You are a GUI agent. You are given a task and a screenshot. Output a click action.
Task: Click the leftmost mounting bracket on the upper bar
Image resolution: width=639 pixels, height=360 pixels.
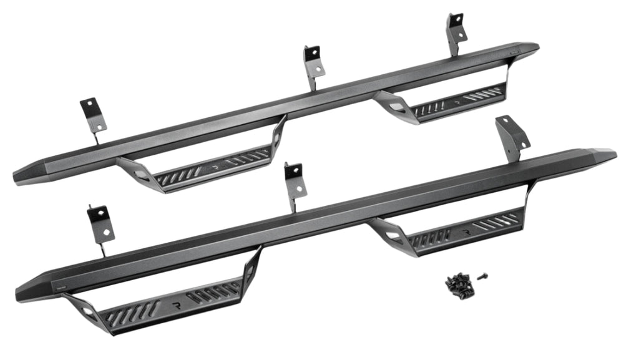93,115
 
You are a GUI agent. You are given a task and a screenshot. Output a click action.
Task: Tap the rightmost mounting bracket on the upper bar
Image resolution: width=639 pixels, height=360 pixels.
456,29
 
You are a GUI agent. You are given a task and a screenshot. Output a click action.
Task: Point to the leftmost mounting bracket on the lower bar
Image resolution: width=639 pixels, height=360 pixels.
100,225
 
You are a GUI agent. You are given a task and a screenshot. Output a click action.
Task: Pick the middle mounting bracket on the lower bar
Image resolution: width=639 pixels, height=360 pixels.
293,181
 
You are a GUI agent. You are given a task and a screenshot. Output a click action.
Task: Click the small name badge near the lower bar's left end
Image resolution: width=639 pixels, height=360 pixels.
61,288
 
